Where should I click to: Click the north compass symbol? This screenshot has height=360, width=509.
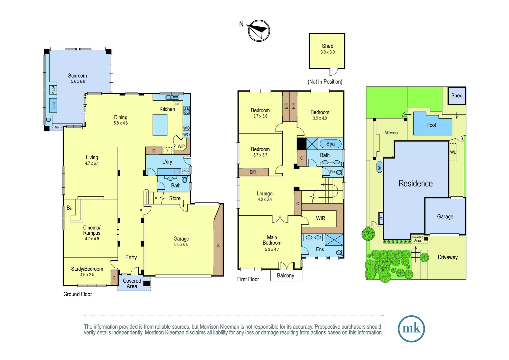click(x=259, y=31)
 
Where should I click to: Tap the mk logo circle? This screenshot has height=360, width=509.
click(x=411, y=329)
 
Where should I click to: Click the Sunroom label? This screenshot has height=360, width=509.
click(x=77, y=76)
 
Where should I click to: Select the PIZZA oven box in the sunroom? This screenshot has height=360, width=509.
click(x=53, y=90)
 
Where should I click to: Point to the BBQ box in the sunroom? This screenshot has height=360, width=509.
click(x=53, y=105)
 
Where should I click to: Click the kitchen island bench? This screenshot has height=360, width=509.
click(x=160, y=125)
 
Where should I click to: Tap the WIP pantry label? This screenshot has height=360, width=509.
click(x=181, y=146)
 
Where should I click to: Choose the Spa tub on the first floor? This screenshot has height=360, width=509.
click(x=330, y=144)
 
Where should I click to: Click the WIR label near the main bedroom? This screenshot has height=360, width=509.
click(x=320, y=218)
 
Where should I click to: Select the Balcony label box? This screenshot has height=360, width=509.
click(x=286, y=275)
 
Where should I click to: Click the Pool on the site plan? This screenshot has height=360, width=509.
click(x=431, y=125)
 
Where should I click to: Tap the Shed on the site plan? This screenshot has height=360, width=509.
click(x=457, y=96)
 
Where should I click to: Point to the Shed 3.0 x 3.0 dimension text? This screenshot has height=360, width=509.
click(x=327, y=52)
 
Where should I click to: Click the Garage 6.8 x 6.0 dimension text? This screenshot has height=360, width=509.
click(x=181, y=244)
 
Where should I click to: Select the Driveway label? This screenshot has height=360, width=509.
click(x=447, y=257)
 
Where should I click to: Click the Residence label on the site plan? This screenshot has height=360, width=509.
click(x=415, y=183)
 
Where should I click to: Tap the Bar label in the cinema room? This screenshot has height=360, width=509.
click(x=70, y=208)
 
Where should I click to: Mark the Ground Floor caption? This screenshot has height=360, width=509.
click(x=78, y=294)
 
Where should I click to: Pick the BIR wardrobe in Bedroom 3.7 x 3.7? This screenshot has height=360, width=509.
click(x=253, y=172)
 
